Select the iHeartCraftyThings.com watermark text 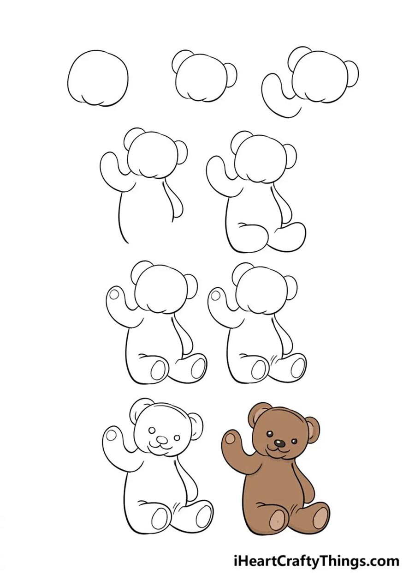316,561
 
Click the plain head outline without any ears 98,78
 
